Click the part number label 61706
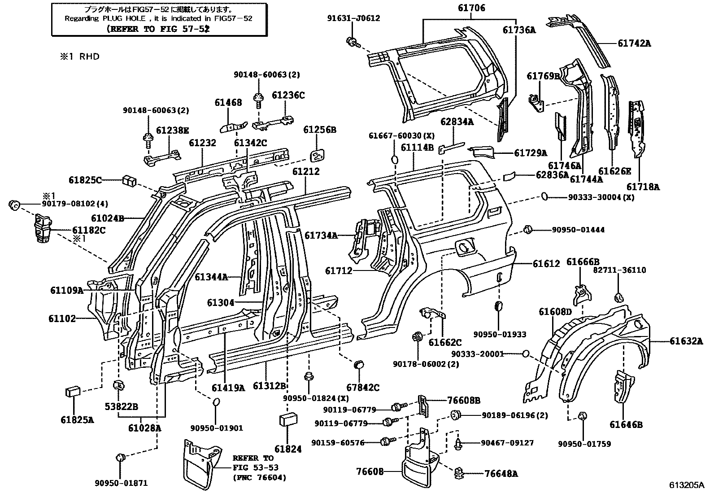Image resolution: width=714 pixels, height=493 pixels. point(471,8)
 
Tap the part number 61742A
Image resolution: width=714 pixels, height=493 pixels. point(634,44)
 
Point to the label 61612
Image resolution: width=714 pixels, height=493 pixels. point(546,264)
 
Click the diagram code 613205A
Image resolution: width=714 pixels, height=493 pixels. point(687,485)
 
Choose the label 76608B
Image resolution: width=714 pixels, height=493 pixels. point(463,400)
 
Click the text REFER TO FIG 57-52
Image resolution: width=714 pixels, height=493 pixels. point(158,28)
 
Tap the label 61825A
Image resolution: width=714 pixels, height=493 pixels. point(77,420)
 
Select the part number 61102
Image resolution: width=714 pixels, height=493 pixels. point(62,319)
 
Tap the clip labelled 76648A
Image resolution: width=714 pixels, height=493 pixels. point(459,473)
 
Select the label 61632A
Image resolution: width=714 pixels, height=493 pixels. point(686,341)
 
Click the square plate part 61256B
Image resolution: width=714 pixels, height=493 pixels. point(318,155)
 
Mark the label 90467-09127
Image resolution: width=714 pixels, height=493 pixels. point(507,443)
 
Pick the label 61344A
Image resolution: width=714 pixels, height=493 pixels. point(211,277)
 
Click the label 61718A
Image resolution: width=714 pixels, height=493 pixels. point(643,187)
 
